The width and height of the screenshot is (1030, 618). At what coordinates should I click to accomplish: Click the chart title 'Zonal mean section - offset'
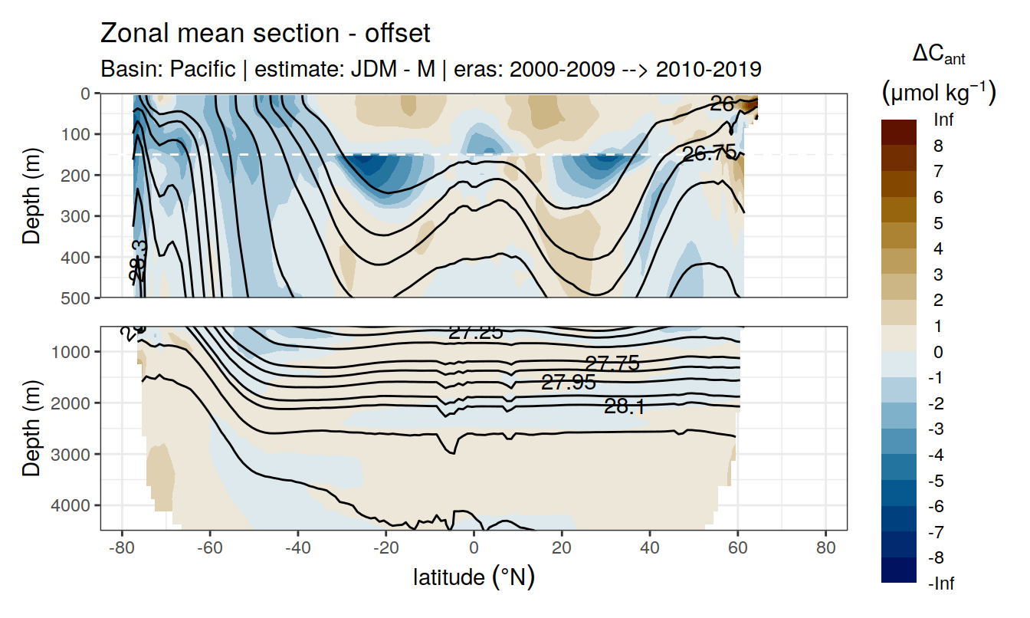(x=265, y=34)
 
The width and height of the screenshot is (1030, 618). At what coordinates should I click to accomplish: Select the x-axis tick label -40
(x=297, y=549)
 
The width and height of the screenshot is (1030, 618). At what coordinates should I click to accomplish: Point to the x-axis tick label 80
(x=825, y=549)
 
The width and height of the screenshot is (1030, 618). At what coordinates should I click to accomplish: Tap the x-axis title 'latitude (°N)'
(x=474, y=577)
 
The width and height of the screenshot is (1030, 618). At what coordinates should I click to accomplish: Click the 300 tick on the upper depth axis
(x=79, y=215)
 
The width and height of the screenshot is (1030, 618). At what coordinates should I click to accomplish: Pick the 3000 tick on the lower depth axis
(x=75, y=454)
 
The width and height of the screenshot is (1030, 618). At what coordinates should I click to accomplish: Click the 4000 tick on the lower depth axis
(x=75, y=505)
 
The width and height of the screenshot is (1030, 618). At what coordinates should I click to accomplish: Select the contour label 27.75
(x=612, y=363)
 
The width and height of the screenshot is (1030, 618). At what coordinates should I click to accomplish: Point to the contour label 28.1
(x=625, y=407)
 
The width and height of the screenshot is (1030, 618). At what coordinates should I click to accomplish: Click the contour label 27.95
(x=568, y=382)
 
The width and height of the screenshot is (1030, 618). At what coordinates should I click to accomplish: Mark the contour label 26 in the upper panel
(x=722, y=104)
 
